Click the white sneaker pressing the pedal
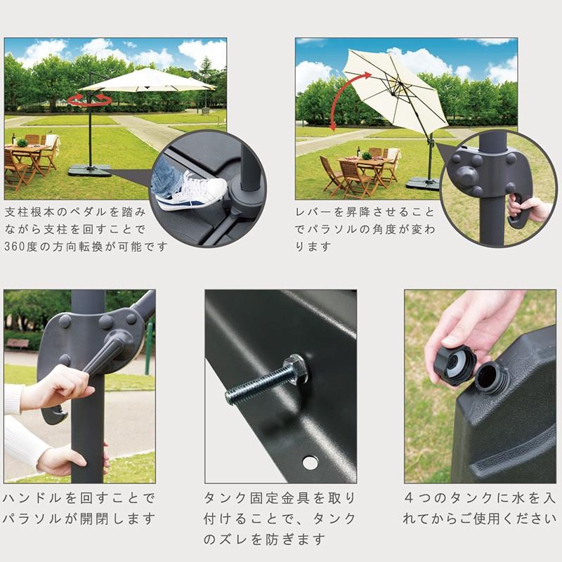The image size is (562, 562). click(x=192, y=192)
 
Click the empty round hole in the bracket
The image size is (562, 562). click(x=310, y=462)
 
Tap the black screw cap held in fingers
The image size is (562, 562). click(x=454, y=365)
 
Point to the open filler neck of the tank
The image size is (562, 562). click(x=488, y=377)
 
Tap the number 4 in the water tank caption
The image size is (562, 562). click(x=409, y=498)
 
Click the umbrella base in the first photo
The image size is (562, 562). click(x=90, y=170)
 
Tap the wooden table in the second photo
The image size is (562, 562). click(x=365, y=169)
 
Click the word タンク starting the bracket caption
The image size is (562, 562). click(x=225, y=498)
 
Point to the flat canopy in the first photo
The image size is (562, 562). click(x=147, y=81)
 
